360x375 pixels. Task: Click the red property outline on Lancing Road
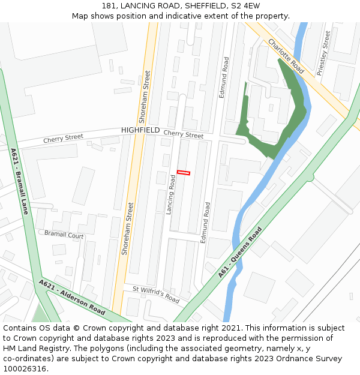184,173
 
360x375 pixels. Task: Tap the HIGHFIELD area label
140,130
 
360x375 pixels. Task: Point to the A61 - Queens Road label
241,252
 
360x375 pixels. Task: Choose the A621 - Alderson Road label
72,297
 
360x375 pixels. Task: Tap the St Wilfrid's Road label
155,294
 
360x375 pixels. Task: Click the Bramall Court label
64,235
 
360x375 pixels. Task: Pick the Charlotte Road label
286,56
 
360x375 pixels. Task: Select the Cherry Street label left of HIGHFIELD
63,139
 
